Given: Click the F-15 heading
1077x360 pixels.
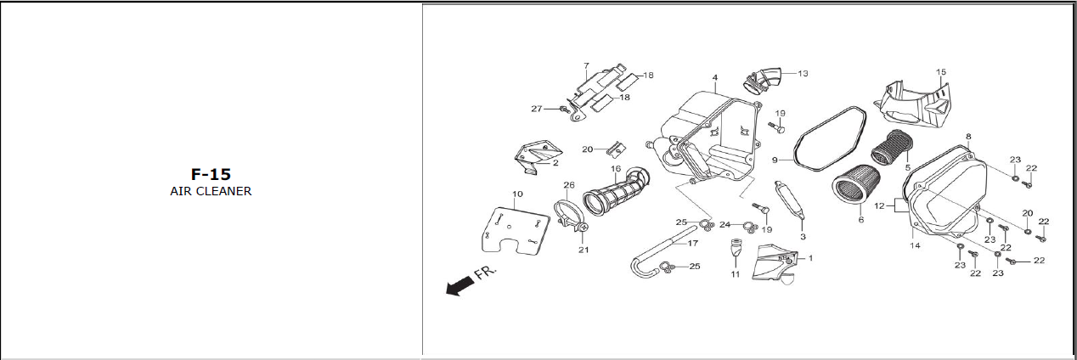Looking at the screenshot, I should point(211,174).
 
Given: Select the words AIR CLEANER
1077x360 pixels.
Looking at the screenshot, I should point(211,191).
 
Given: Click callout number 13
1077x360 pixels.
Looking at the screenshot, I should point(803,74).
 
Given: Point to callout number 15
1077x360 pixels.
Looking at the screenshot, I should point(940,72).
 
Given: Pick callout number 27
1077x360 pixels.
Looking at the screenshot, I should point(536,109).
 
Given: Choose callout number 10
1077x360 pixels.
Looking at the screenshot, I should point(517,194).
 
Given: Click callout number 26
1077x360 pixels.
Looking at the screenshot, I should point(569,185).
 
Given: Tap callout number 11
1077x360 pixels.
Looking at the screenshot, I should point(736,274).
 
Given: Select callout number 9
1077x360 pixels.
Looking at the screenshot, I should point(775,160).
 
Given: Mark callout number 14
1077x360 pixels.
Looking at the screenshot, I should point(916,245).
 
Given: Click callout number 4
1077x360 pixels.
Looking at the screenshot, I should point(715,77).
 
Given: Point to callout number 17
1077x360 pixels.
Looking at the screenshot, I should point(692,243).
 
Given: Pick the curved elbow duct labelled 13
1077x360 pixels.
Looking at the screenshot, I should point(764,81).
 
